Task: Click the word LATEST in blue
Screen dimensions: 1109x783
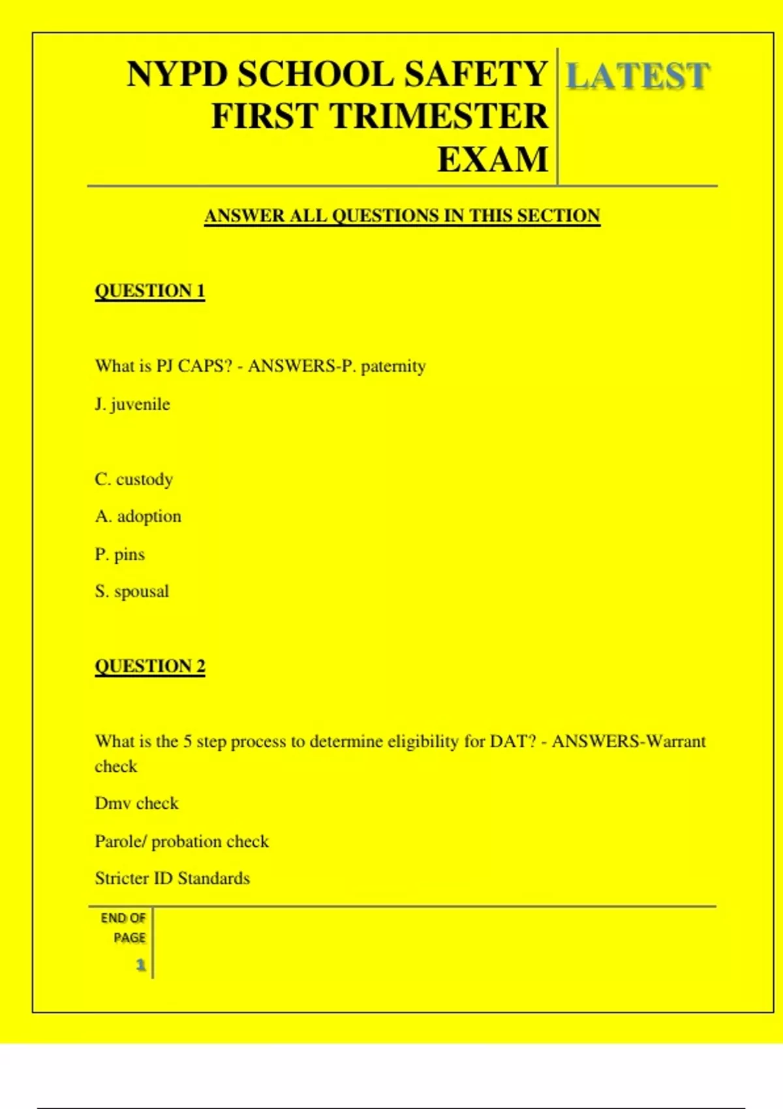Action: click(x=637, y=76)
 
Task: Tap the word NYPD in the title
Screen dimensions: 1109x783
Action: click(x=177, y=74)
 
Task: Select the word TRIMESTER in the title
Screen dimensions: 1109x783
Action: click(x=438, y=117)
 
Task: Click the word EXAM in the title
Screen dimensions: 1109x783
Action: click(x=492, y=160)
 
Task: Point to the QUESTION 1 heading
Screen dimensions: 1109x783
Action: click(x=149, y=291)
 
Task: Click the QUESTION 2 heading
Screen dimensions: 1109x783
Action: click(x=149, y=666)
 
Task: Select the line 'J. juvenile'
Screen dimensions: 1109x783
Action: click(x=132, y=404)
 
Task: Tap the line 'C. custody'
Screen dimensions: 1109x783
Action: click(x=134, y=479)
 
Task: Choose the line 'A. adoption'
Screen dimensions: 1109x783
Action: click(x=138, y=517)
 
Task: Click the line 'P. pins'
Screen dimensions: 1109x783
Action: click(x=119, y=554)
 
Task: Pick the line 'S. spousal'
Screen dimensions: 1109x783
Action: click(x=131, y=592)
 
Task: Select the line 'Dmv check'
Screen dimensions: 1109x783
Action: click(x=136, y=804)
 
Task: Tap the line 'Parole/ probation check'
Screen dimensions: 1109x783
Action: click(x=181, y=842)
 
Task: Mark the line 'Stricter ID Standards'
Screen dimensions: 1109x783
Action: click(x=172, y=879)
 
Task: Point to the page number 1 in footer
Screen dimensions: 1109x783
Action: click(x=140, y=965)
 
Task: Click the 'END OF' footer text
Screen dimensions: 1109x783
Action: click(x=123, y=919)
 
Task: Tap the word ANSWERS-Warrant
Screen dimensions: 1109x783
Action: click(x=628, y=742)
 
